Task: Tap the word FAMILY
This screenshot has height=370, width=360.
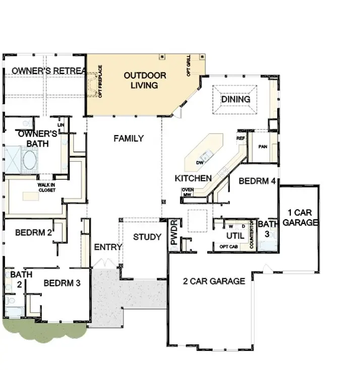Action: pos(128,138)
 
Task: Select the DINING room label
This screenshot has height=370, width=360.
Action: pos(235,99)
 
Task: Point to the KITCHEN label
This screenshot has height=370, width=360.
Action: pos(193,178)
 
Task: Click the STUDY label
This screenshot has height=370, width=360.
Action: pos(147,237)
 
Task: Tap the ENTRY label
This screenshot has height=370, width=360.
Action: pos(108,247)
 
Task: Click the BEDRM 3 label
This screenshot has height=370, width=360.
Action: pos(62,283)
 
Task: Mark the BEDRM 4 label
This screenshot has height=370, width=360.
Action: pos(257,180)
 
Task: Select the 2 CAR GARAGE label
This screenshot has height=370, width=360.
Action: pos(214,281)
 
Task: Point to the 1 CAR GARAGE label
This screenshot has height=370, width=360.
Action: pos(300,217)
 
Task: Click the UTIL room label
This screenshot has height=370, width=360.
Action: pos(235,235)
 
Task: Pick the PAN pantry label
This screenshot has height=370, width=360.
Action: pos(262,147)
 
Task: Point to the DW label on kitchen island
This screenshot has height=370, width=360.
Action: pos(199,162)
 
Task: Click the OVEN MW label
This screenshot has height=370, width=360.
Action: pos(188,192)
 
